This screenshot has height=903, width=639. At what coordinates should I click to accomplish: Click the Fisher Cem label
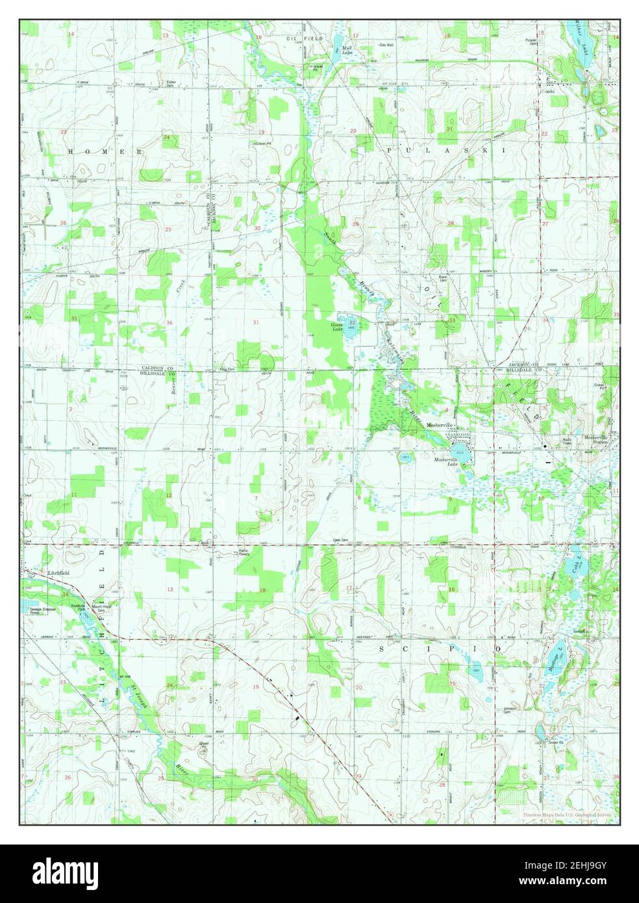tap(171, 84)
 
